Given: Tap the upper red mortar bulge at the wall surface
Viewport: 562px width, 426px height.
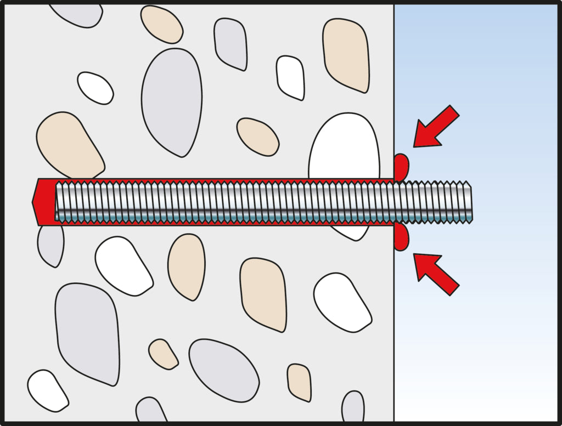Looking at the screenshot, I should [401, 167].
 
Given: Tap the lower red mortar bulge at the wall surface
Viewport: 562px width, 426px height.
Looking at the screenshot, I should [401, 237].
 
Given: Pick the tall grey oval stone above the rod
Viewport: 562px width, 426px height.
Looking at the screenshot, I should [171, 101].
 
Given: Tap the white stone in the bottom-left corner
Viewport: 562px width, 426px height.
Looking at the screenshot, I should [47, 390].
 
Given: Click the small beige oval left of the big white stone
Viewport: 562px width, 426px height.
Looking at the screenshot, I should [258, 136].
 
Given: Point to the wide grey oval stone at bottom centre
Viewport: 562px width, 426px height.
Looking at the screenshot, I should [223, 369].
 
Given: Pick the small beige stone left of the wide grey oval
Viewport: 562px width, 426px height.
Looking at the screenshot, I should [163, 354].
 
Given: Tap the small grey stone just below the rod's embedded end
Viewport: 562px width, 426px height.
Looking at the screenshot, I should [50, 245].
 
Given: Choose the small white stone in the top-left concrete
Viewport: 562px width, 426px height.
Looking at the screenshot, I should [95, 88].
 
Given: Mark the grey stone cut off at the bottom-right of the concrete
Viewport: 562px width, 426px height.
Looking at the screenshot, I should [353, 407].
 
